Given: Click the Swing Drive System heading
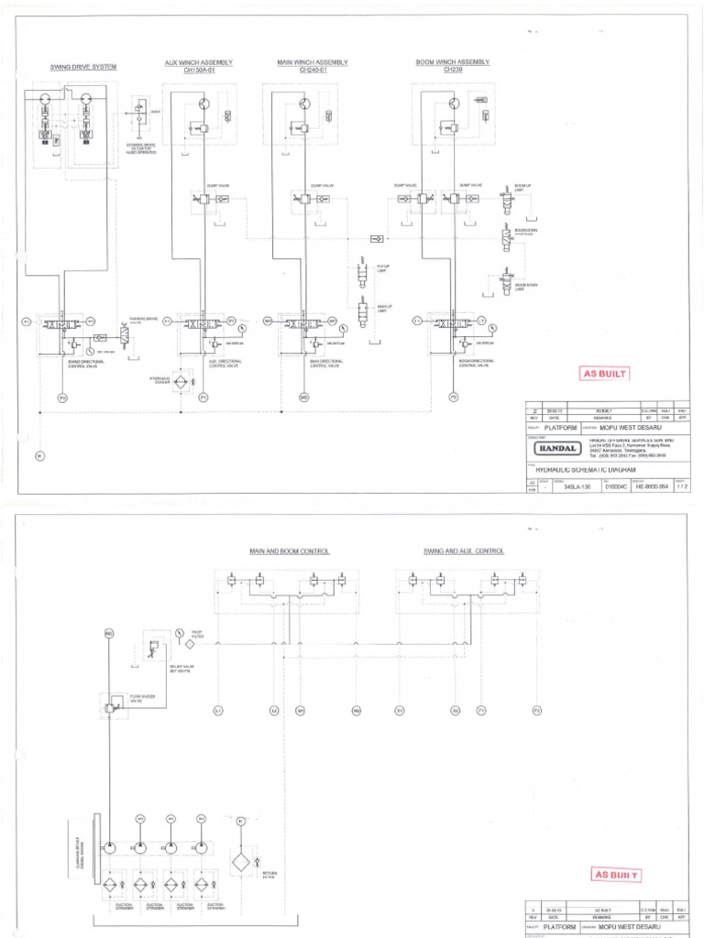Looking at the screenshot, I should [83, 67].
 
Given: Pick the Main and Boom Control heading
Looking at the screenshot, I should [289, 551].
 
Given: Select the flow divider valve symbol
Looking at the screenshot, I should [112, 706].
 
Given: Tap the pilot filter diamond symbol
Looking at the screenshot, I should [191, 643].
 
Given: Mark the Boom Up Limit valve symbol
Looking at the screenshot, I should [502, 197].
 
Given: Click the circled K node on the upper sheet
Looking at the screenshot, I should [39, 456].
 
